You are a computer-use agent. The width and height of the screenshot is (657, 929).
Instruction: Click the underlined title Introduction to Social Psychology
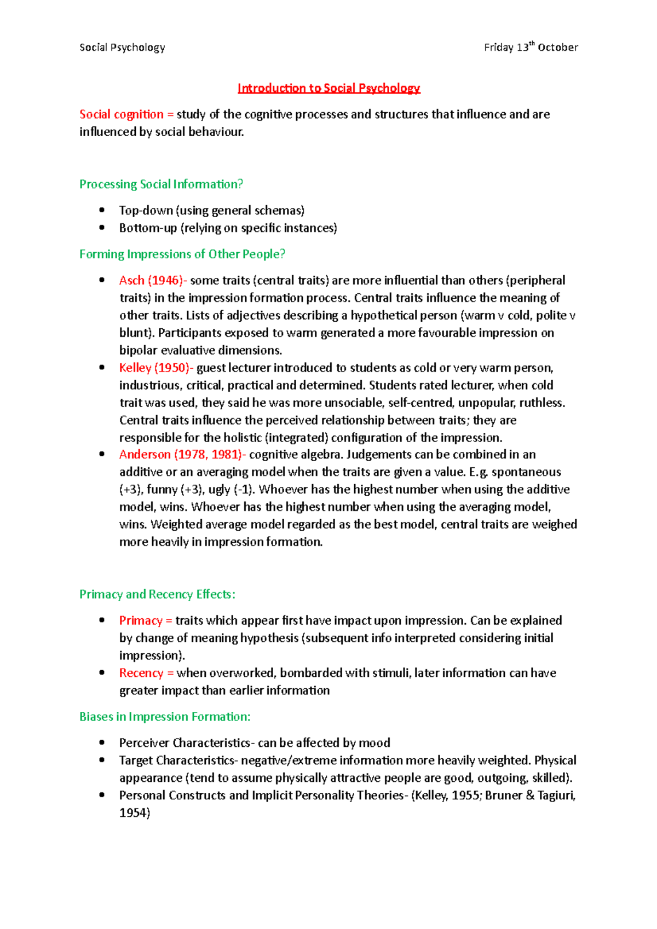tap(328, 88)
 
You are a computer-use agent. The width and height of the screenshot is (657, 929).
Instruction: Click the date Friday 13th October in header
tap(531, 48)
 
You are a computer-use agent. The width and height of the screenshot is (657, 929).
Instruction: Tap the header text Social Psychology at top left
tap(122, 48)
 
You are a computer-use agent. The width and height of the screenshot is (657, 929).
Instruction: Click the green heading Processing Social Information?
tap(161, 184)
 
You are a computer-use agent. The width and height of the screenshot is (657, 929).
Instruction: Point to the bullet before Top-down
tap(102, 210)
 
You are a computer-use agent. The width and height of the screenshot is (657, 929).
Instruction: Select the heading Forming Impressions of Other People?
tap(182, 254)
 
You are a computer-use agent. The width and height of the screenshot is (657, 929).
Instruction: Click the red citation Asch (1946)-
tap(153, 281)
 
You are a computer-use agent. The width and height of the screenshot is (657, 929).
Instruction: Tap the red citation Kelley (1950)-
tap(156, 368)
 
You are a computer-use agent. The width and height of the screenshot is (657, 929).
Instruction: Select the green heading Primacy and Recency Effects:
tap(157, 595)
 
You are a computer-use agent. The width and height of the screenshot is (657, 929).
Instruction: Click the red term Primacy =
tap(146, 621)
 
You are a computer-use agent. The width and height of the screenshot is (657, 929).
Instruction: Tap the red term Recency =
tap(146, 673)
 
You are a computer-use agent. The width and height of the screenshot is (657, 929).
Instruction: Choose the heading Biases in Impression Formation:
tap(165, 717)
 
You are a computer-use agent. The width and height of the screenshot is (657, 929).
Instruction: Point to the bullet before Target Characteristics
tap(102, 760)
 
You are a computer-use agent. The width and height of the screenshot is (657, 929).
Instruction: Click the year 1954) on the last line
tap(135, 813)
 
